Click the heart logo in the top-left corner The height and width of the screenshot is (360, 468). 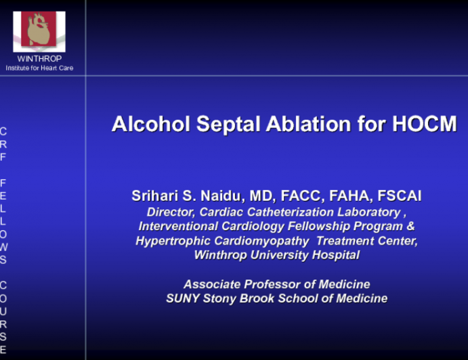(x=39, y=31)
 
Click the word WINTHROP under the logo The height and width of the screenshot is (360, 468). (x=39, y=59)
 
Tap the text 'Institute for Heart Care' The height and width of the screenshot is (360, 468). (x=39, y=68)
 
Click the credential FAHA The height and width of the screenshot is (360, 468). (x=347, y=196)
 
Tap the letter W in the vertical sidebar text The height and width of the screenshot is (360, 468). (x=4, y=246)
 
